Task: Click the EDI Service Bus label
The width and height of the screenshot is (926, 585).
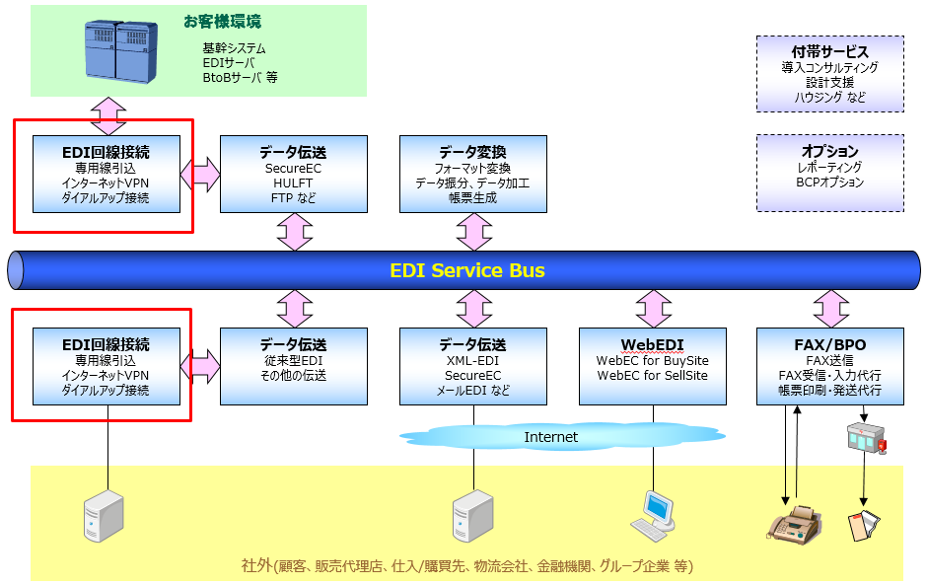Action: pos(467,270)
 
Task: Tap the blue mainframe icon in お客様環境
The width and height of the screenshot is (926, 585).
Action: pos(121,51)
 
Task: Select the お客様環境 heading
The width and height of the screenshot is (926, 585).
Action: pos(222,22)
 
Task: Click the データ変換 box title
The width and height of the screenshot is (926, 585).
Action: pos(472,152)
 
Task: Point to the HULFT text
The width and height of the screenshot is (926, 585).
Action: pos(293,183)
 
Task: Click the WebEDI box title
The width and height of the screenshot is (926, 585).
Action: pos(652,344)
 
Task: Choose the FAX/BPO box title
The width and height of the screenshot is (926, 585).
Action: pos(829,344)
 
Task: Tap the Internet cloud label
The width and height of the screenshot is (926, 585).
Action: pos(550,437)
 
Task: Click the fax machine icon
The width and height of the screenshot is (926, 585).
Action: pos(795,524)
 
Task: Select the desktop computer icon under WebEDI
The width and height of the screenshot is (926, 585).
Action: pos(653,516)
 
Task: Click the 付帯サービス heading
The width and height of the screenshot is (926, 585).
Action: pos(829,51)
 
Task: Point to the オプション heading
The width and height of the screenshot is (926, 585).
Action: pos(829,151)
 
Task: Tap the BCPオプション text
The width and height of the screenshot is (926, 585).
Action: pos(829,182)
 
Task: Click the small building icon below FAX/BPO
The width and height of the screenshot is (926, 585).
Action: pos(867,438)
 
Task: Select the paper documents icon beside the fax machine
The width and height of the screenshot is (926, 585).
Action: pos(864,525)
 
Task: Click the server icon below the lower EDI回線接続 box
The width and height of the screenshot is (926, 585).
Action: pos(104,516)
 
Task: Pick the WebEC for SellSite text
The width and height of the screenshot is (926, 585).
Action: pos(652,375)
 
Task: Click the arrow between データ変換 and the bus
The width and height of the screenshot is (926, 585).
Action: pos(473,232)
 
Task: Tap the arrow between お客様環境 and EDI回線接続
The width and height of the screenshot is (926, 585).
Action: pos(108,115)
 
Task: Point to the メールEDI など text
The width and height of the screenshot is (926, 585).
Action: pos(472,390)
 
